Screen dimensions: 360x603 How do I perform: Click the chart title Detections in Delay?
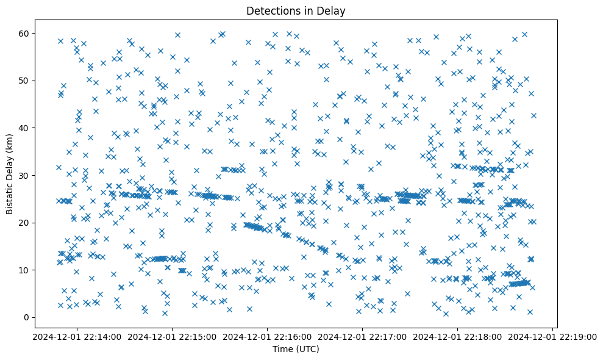tap(295, 10)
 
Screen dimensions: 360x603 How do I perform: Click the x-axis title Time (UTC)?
tap(295, 350)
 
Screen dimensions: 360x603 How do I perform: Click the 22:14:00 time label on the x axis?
tap(77, 336)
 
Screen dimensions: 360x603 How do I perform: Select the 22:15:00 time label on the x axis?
tap(172, 336)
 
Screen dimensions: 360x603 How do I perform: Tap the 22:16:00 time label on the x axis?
tap(267, 336)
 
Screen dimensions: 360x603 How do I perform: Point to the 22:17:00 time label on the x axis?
tap(362, 336)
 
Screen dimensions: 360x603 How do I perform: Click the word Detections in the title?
tap(269, 10)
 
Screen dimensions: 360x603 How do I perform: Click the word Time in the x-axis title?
tap(283, 350)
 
